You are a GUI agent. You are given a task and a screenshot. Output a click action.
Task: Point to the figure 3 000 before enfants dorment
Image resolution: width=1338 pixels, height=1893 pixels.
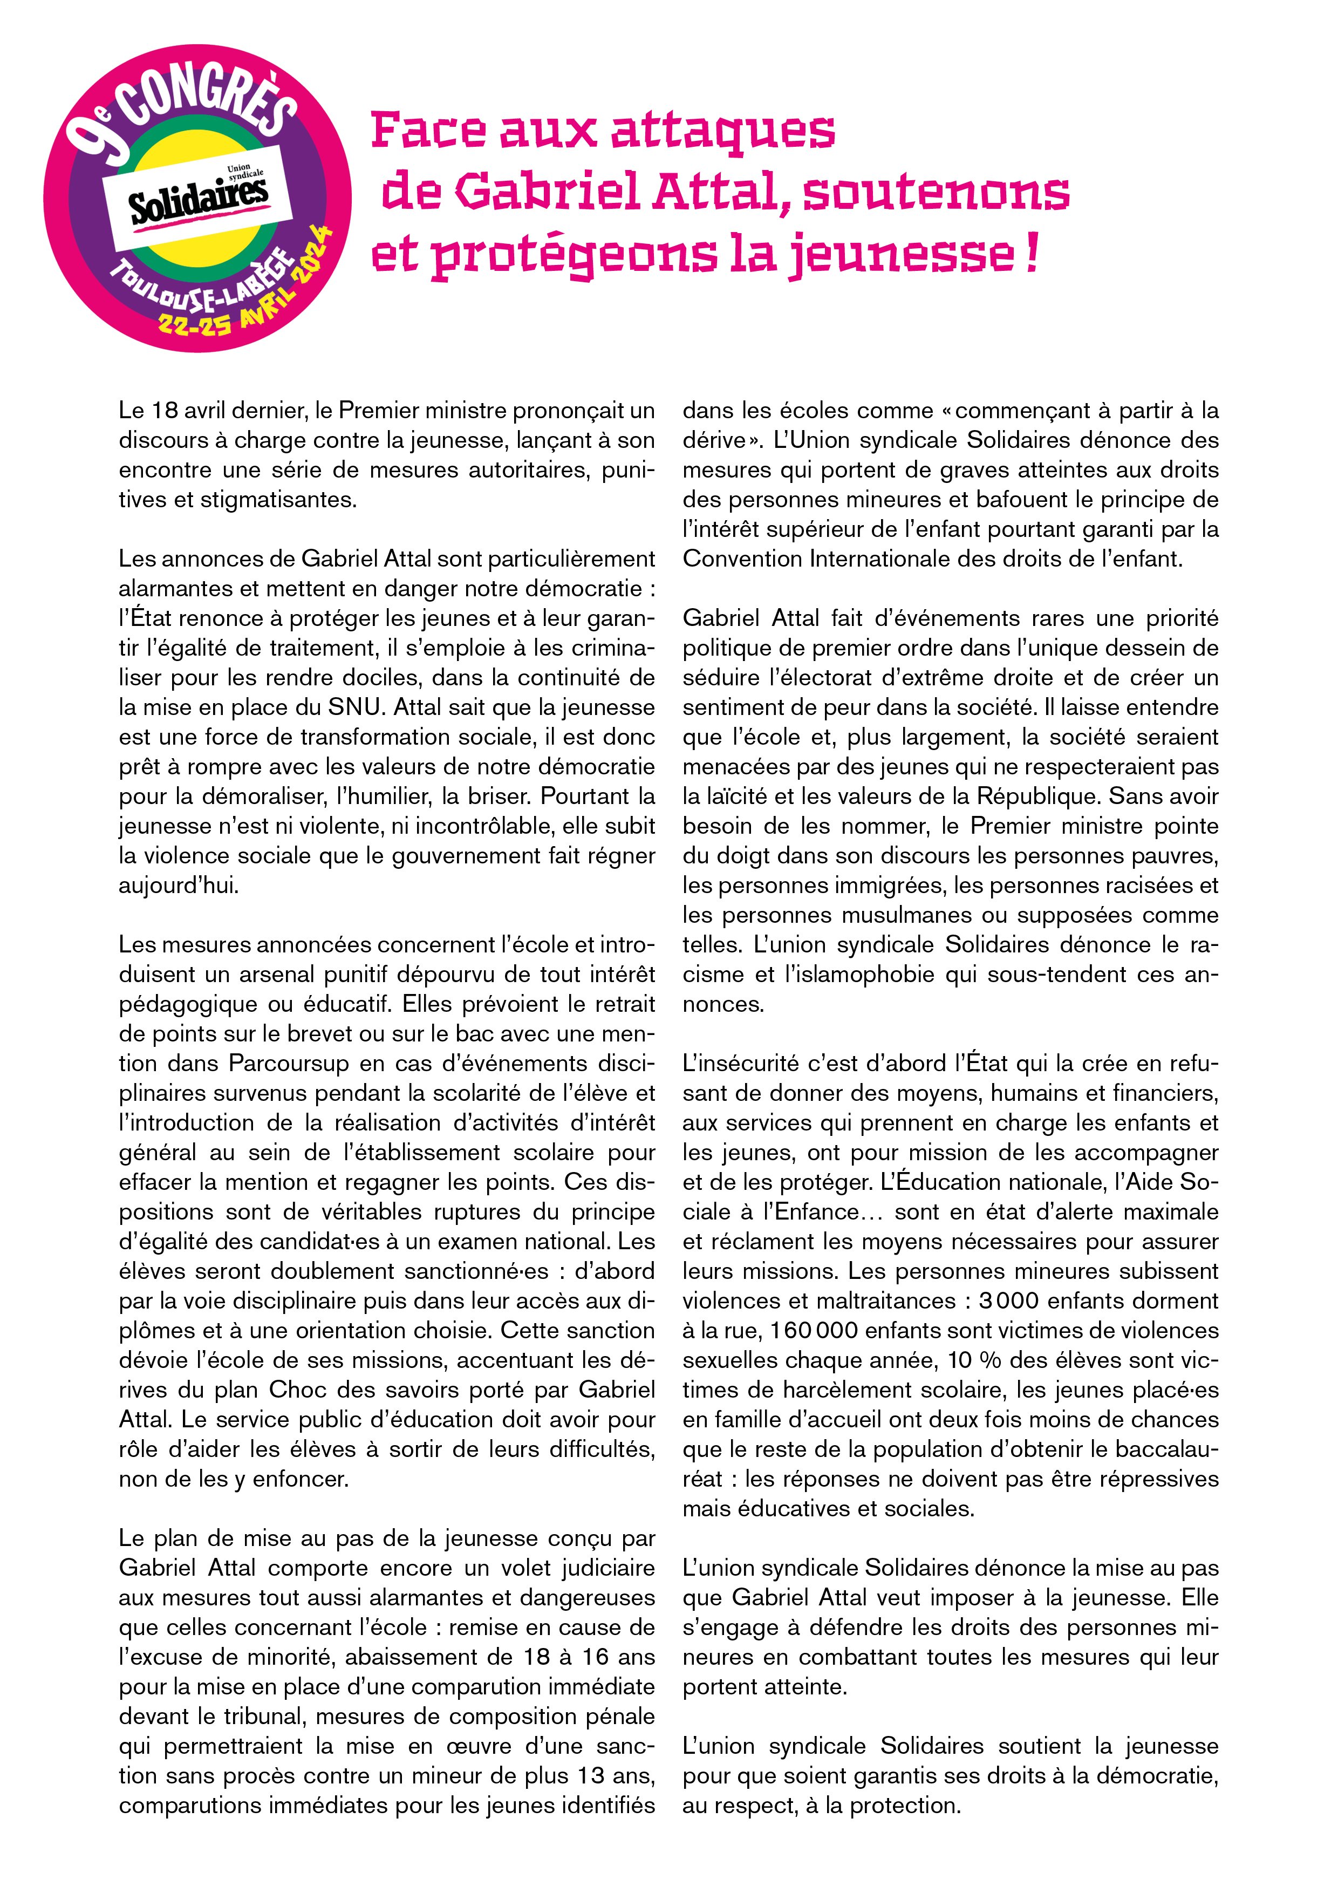tap(1012, 1301)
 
